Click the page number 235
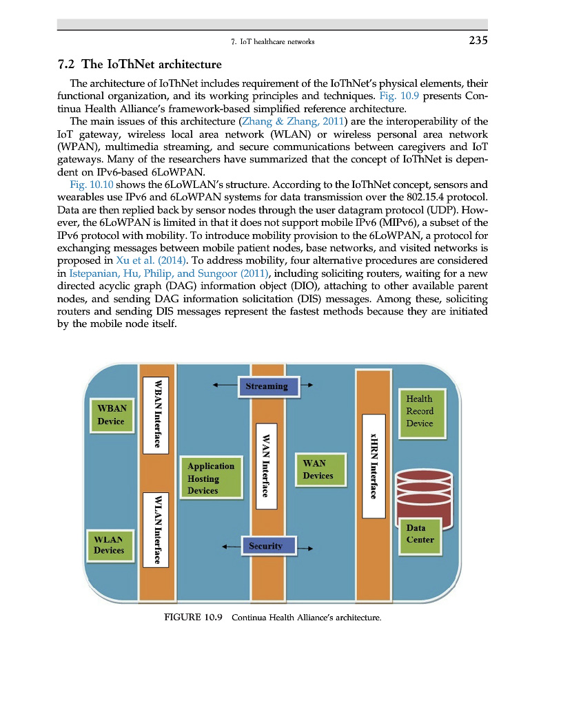pos(477,41)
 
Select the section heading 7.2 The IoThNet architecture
pos(140,65)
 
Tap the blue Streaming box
pos(267,386)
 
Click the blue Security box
pos(266,546)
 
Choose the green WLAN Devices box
pos(110,545)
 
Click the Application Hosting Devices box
pos(211,478)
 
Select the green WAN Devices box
pos(318,470)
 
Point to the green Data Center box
pos(420,534)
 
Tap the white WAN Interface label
pos(266,465)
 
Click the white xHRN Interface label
pos(373,465)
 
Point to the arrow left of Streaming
pos(223,386)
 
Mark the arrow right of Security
pos(307,549)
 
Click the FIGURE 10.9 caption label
pos(193,616)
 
